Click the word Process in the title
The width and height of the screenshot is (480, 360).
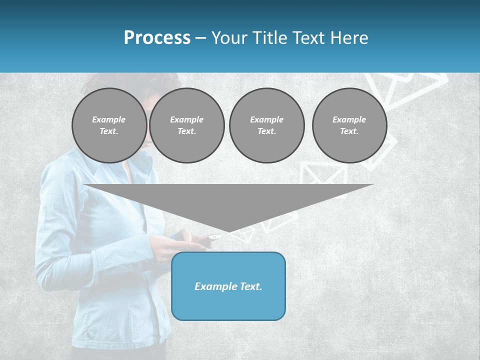point(157,38)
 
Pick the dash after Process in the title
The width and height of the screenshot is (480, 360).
point(200,38)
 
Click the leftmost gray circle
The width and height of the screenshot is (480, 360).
point(109,125)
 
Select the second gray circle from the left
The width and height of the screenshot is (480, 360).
point(186,125)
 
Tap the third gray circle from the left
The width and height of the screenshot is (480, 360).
point(266,125)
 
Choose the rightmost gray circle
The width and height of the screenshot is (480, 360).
point(349,125)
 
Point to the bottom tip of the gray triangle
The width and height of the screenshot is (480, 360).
point(228,231)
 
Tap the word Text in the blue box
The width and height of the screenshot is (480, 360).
point(251,286)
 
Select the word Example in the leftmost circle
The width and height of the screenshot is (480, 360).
point(109,119)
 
